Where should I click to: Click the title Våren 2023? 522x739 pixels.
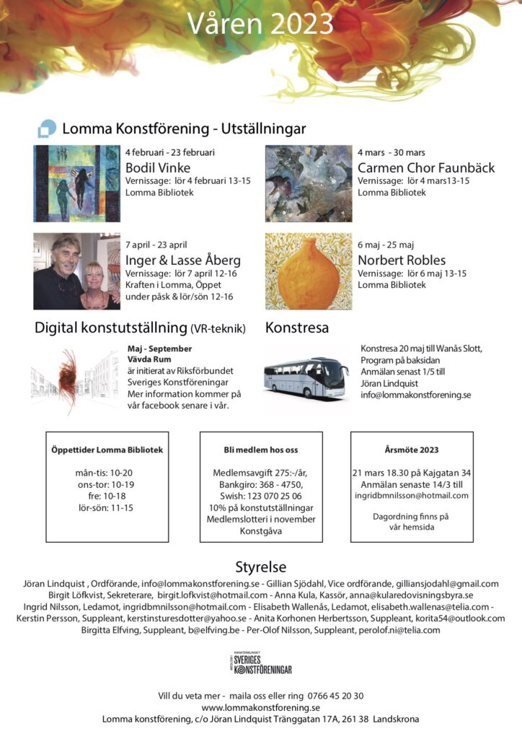coord(260,23)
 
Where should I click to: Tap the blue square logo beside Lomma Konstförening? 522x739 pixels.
coord(46,128)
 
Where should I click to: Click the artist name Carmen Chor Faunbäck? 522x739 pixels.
coord(426,167)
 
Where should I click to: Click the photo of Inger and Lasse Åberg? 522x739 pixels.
coord(76,271)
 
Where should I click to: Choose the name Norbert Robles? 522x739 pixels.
coord(402,260)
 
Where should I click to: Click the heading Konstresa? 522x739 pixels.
coord(297,328)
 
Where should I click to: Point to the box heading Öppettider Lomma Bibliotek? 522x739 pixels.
coord(107,450)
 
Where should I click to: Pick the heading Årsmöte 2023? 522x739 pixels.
coord(411,450)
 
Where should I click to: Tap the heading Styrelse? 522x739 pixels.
coord(260,567)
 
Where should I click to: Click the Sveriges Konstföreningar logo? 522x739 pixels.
coord(260,663)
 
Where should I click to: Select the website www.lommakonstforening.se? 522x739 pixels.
coord(261,707)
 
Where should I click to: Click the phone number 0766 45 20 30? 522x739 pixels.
coord(335,696)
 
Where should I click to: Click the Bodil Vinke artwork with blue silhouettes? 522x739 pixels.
coord(76,183)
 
